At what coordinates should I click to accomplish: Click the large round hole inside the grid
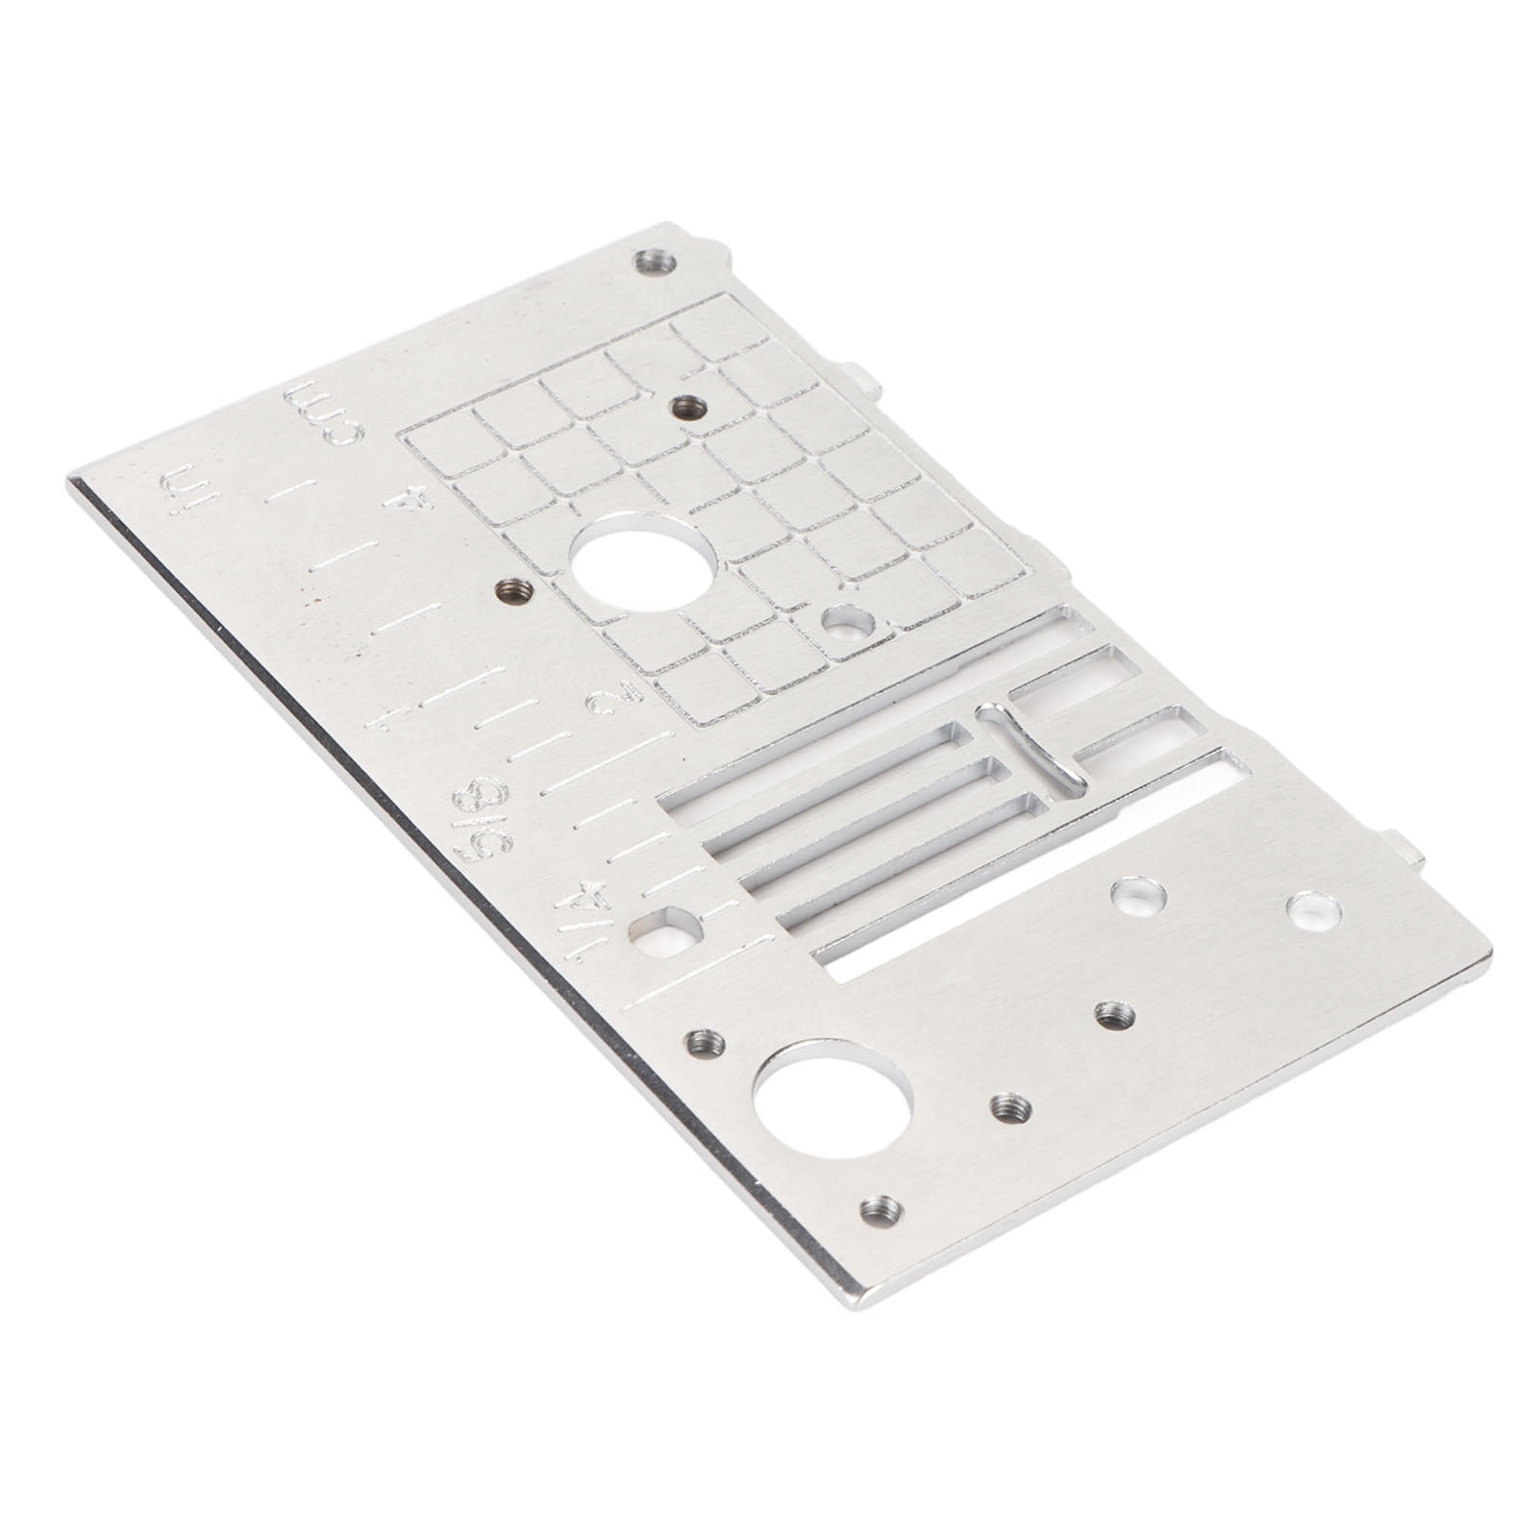(x=642, y=561)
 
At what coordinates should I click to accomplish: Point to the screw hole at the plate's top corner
(x=654, y=261)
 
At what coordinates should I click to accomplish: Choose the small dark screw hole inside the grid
(x=686, y=407)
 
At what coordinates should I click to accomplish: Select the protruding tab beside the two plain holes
(x=1404, y=850)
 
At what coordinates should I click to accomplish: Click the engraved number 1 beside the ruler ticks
(x=386, y=716)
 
